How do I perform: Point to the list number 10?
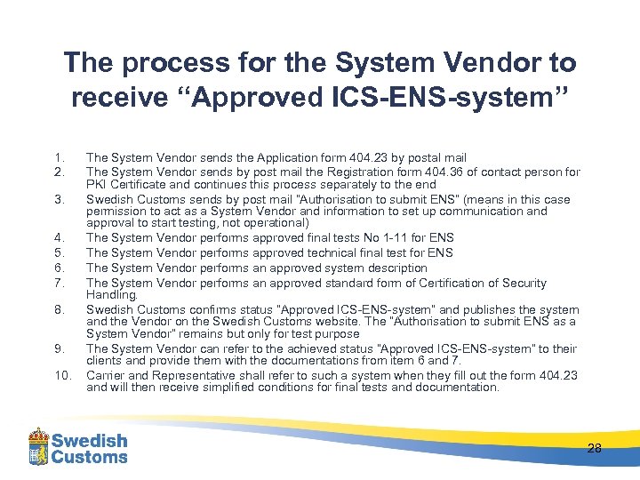(x=61, y=375)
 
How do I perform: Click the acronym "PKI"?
(x=97, y=184)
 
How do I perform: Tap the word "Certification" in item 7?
(x=463, y=283)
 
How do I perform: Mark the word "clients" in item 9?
(x=105, y=361)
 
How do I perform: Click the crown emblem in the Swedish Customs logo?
(x=38, y=445)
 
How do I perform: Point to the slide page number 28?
(x=594, y=448)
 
